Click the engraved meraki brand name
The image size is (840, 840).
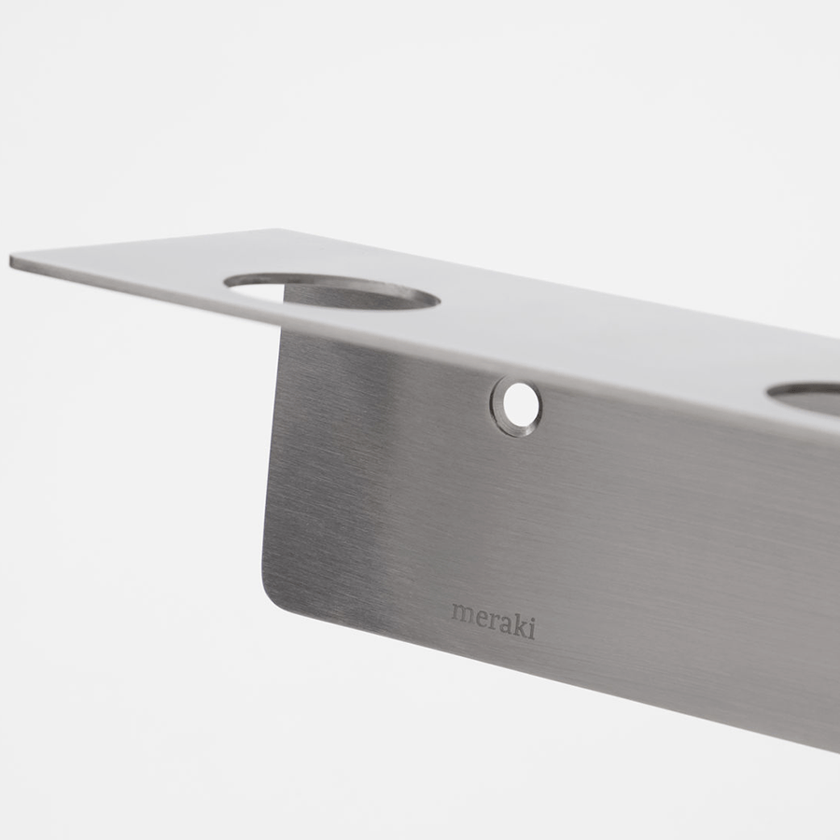click(494, 620)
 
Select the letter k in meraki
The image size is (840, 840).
click(521, 624)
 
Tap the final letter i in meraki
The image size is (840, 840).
click(532, 627)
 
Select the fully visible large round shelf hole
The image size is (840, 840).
click(332, 292)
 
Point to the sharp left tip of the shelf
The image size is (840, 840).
click(13, 261)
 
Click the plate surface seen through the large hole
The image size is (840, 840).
click(336, 299)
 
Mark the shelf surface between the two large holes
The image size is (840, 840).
click(597, 336)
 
